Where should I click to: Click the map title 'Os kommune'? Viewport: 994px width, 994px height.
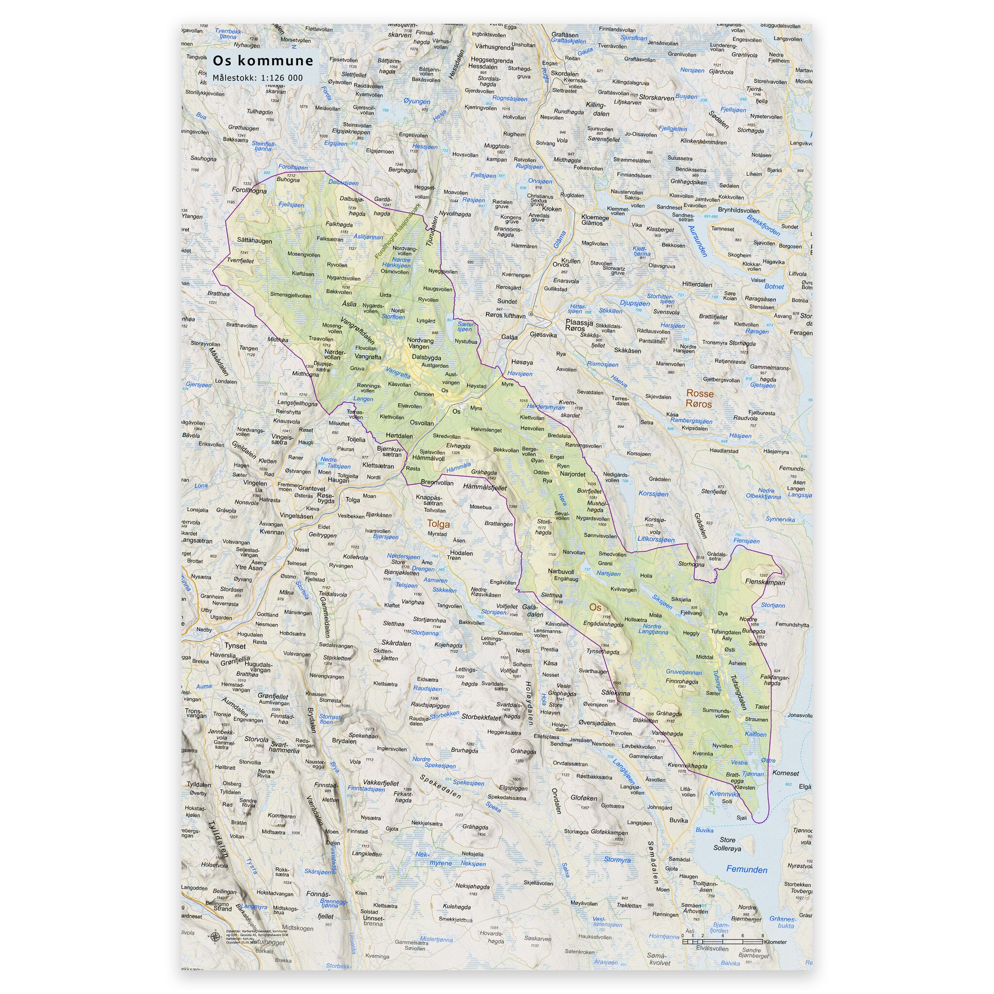click(x=263, y=61)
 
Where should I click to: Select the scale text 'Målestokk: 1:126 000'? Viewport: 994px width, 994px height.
click(x=258, y=78)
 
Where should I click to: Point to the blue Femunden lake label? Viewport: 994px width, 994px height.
click(x=746, y=870)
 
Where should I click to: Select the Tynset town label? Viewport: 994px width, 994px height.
click(x=234, y=646)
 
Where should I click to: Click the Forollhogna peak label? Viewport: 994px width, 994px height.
click(x=249, y=190)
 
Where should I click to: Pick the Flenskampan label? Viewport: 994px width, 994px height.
click(x=765, y=583)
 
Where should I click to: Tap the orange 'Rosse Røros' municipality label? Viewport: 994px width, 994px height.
click(x=699, y=399)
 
